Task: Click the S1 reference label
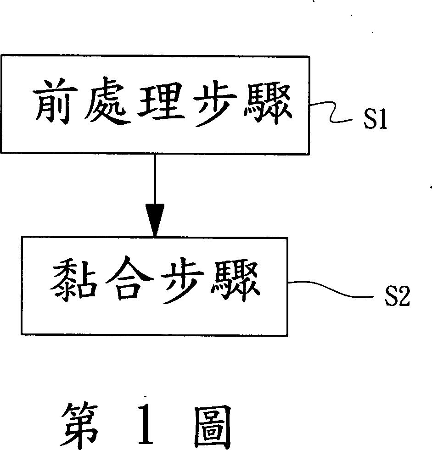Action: pyautogui.click(x=376, y=121)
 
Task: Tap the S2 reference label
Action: pyautogui.click(x=397, y=298)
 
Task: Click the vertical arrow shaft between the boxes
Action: pyautogui.click(x=155, y=179)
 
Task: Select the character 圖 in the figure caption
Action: pyautogui.click(x=211, y=424)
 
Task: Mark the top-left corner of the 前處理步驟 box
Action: pyautogui.click(x=2, y=57)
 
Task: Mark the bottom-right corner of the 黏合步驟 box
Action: pyautogui.click(x=287, y=335)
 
